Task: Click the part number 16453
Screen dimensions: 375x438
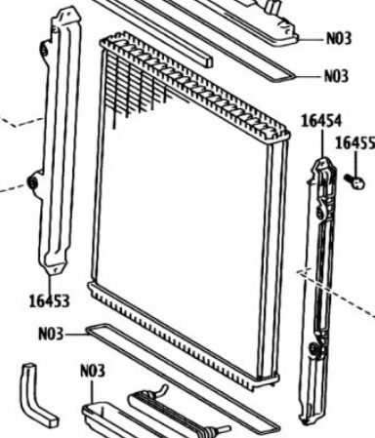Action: click(x=50, y=300)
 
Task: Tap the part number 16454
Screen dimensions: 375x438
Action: click(x=321, y=121)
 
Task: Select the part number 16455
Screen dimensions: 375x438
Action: click(x=355, y=142)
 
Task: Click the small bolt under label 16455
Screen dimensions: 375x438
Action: click(x=354, y=181)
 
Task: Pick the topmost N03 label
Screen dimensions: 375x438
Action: click(x=339, y=38)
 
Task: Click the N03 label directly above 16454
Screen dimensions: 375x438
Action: click(x=336, y=76)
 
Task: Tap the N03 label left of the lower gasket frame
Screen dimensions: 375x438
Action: click(x=51, y=334)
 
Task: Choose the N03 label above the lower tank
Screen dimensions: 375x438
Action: click(x=93, y=371)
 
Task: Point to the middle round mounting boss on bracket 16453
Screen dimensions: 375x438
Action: click(x=33, y=183)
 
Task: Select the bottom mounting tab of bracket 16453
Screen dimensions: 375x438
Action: click(x=55, y=268)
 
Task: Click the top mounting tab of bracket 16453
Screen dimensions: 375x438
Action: click(x=67, y=15)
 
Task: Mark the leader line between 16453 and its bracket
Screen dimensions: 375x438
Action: click(x=51, y=284)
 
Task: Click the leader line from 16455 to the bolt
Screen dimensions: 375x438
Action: click(x=355, y=164)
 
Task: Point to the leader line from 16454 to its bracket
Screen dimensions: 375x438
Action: click(x=322, y=144)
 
